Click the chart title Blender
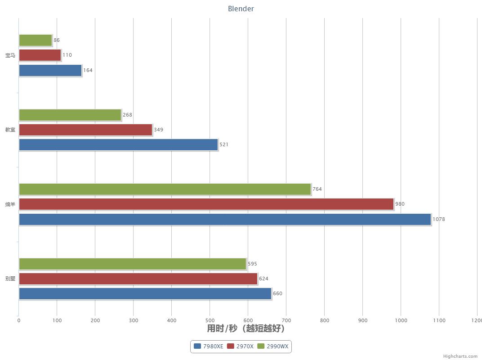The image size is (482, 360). coord(241,9)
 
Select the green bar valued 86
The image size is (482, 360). coord(36,40)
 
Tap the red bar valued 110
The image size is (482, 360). coord(40,55)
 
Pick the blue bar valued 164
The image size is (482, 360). coord(50,71)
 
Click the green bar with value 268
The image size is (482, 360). coord(70,115)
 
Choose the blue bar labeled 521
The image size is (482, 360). coord(118,145)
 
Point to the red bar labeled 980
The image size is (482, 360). coord(206,204)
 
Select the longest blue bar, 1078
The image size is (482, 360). coord(225,220)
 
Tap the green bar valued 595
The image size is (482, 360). coord(133,264)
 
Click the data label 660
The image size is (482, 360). coord(277,294)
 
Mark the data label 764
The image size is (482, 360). coord(317,189)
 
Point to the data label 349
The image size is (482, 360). coord(158,130)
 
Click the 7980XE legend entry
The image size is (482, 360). coord(209,346)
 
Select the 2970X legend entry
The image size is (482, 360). coord(241,346)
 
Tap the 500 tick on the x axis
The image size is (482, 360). coord(210,320)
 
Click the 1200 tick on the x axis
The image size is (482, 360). coord(476,320)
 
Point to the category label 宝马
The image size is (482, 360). coord(10,55)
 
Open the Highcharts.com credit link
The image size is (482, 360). coord(460,356)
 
